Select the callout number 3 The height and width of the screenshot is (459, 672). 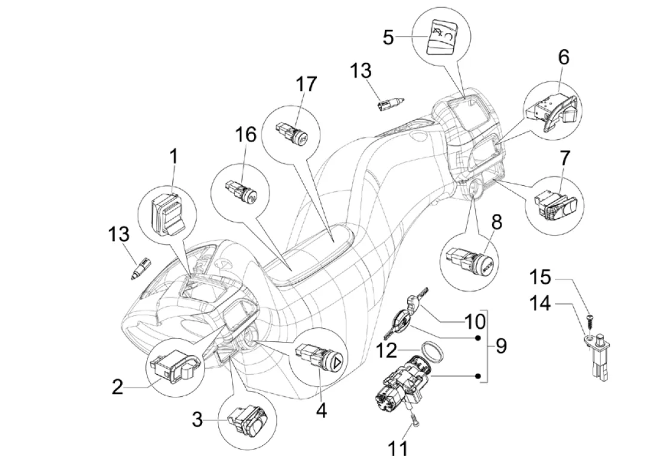click(x=197, y=420)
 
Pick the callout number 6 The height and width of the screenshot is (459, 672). click(x=563, y=58)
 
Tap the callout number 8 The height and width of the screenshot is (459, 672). click(x=496, y=222)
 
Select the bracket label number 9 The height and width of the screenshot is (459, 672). click(x=501, y=345)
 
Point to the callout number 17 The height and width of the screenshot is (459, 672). click(x=307, y=84)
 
